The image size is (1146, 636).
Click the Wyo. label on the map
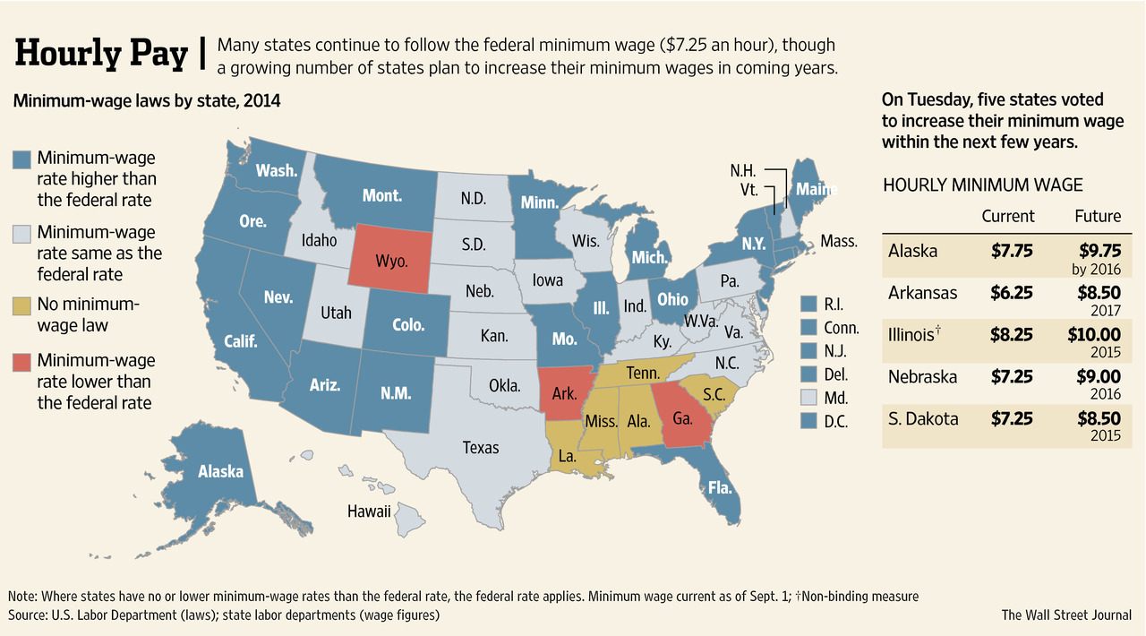coord(391,262)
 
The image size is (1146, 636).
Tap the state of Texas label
coord(480,446)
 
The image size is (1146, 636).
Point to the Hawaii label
coord(369,511)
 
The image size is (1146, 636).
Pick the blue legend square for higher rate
coord(22,159)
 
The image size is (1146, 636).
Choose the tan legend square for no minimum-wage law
coord(22,305)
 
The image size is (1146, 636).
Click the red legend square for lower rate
coord(22,362)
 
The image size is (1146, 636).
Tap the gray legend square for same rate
coord(22,233)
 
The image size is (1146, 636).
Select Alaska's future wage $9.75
coord(1097,252)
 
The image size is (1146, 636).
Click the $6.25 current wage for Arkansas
coord(1012,293)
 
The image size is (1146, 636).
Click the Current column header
coord(1007,216)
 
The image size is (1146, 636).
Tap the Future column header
coord(1097,216)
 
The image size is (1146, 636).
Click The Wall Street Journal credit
coord(1066,615)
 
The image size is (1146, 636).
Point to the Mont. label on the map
coord(381,195)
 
